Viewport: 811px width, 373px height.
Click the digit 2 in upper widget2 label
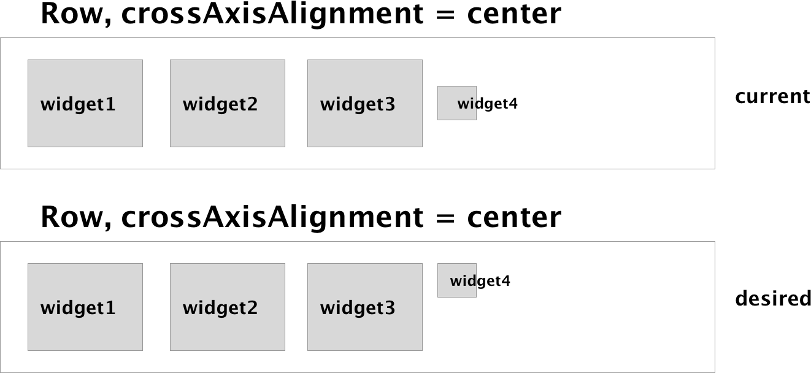[x=252, y=104]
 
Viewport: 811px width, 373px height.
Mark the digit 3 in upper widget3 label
[x=390, y=104]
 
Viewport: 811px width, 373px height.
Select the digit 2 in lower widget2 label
[x=252, y=308]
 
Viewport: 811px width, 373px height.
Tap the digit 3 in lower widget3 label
[x=390, y=308]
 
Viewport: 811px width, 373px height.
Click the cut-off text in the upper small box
[x=467, y=104]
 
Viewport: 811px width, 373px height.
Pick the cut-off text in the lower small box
[x=463, y=281]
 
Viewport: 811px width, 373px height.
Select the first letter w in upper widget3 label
[x=326, y=105]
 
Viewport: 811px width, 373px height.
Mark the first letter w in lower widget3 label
[x=326, y=309]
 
